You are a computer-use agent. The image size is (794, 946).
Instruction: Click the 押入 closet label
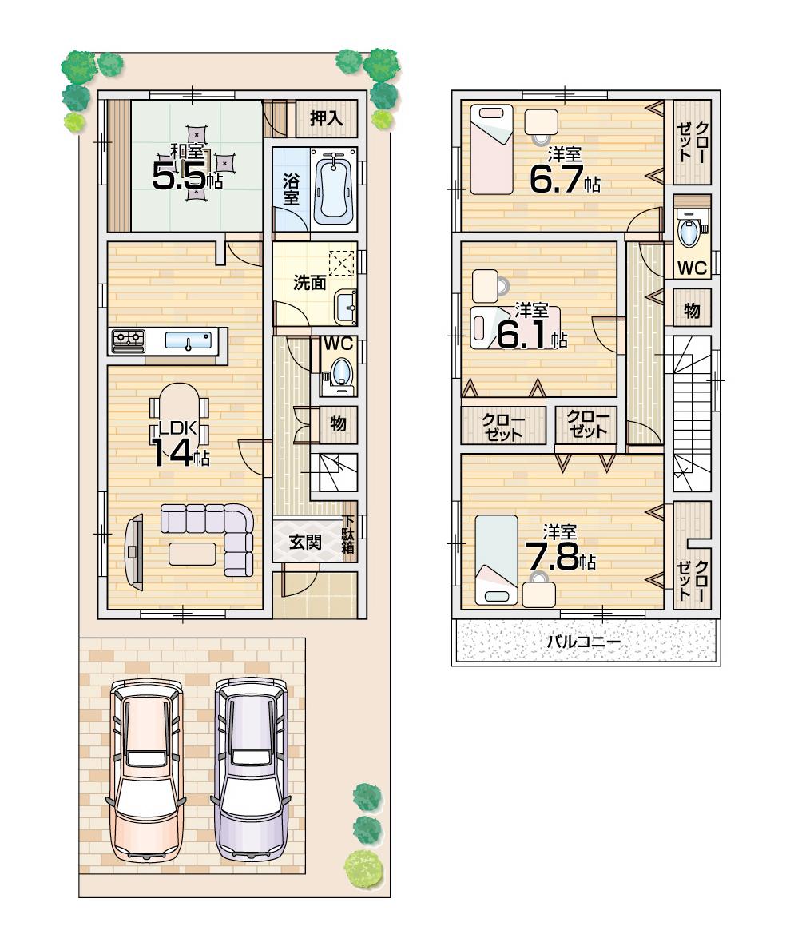[x=326, y=119]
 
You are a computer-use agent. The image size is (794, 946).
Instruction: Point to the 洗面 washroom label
[x=308, y=282]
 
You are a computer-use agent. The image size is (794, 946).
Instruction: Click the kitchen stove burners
[x=128, y=340]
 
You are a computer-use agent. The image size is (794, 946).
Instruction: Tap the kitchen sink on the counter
[x=189, y=341]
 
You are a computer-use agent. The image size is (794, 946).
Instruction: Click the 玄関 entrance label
[x=305, y=543]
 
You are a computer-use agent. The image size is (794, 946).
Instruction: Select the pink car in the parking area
[x=147, y=769]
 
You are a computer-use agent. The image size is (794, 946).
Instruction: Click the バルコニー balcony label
[x=583, y=641]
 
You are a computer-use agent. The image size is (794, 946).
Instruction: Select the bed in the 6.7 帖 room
[x=490, y=149]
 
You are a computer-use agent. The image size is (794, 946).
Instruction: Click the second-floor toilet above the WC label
[x=689, y=232]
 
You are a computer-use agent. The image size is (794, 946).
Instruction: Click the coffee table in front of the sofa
[x=192, y=553]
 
